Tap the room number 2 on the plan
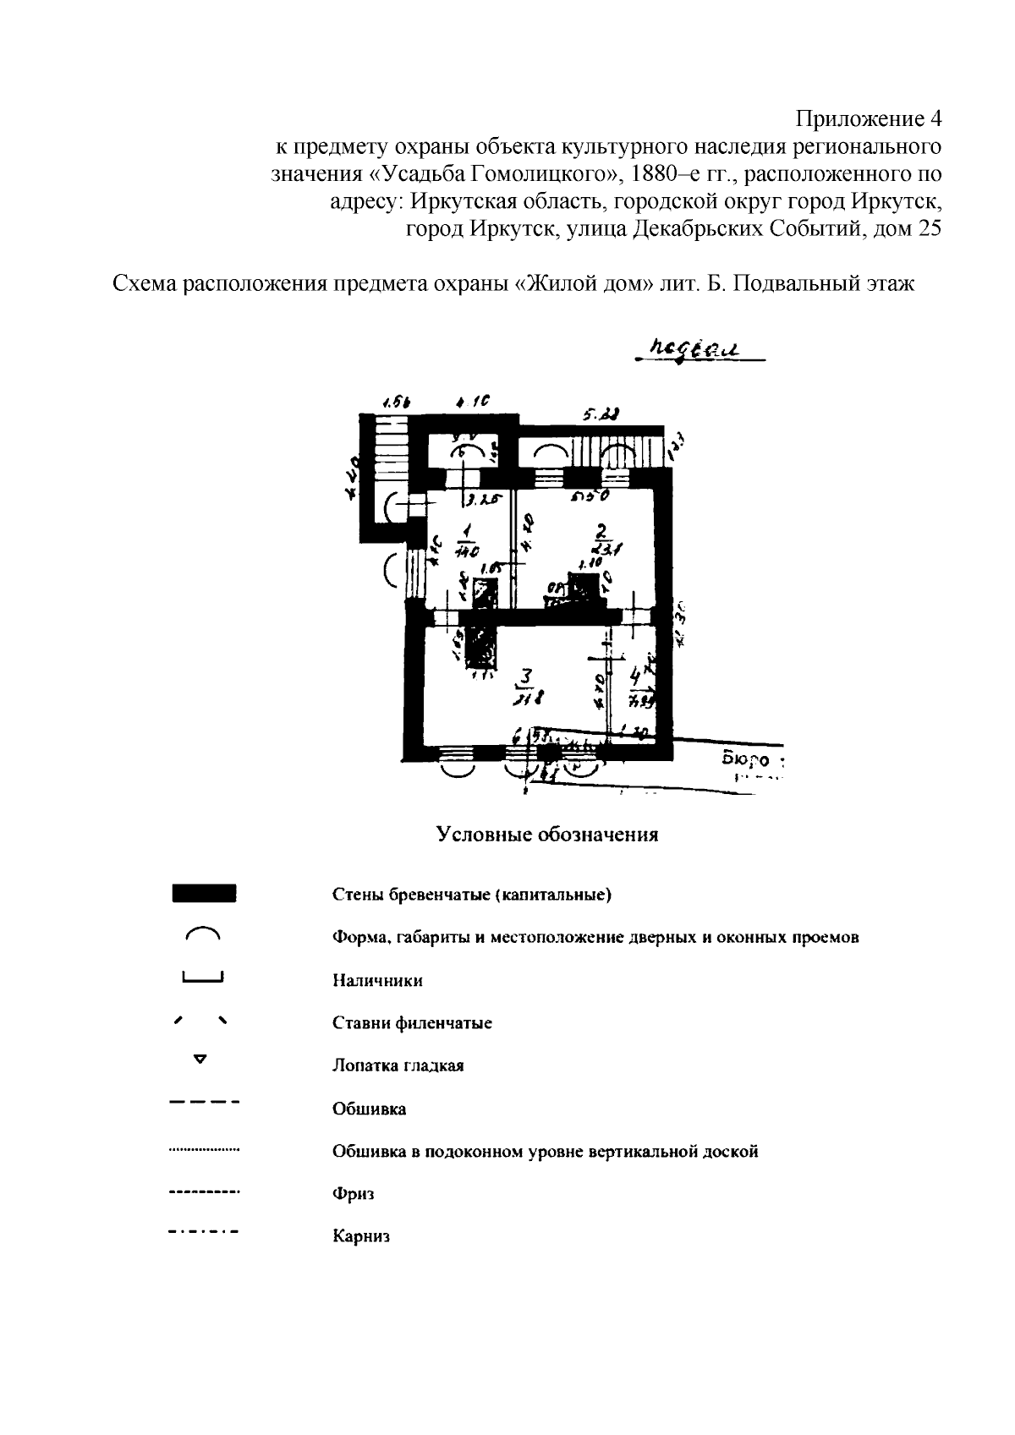click(601, 531)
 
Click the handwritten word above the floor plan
click(686, 348)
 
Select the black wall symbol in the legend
click(203, 894)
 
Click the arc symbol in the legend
click(202, 934)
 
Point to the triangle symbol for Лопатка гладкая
click(200, 1058)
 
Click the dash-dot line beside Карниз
click(204, 1231)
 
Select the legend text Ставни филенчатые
click(412, 1023)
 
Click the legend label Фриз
click(353, 1194)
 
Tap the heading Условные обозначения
click(547, 835)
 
